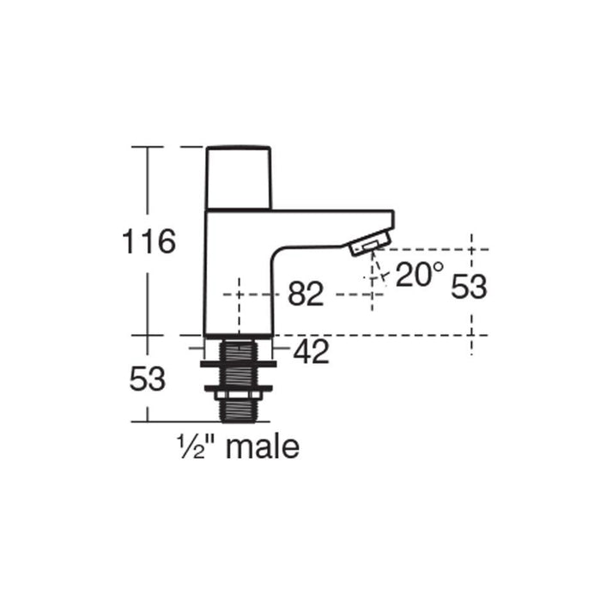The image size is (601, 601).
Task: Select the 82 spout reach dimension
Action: click(x=306, y=294)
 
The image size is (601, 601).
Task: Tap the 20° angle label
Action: click(x=420, y=274)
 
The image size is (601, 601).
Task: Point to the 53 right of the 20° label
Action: click(x=469, y=288)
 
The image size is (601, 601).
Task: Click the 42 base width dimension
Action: click(x=312, y=351)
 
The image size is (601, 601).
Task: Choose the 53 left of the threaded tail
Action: click(x=147, y=379)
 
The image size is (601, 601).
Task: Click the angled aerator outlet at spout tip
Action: click(x=369, y=245)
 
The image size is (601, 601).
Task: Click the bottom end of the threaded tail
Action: click(x=240, y=418)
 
